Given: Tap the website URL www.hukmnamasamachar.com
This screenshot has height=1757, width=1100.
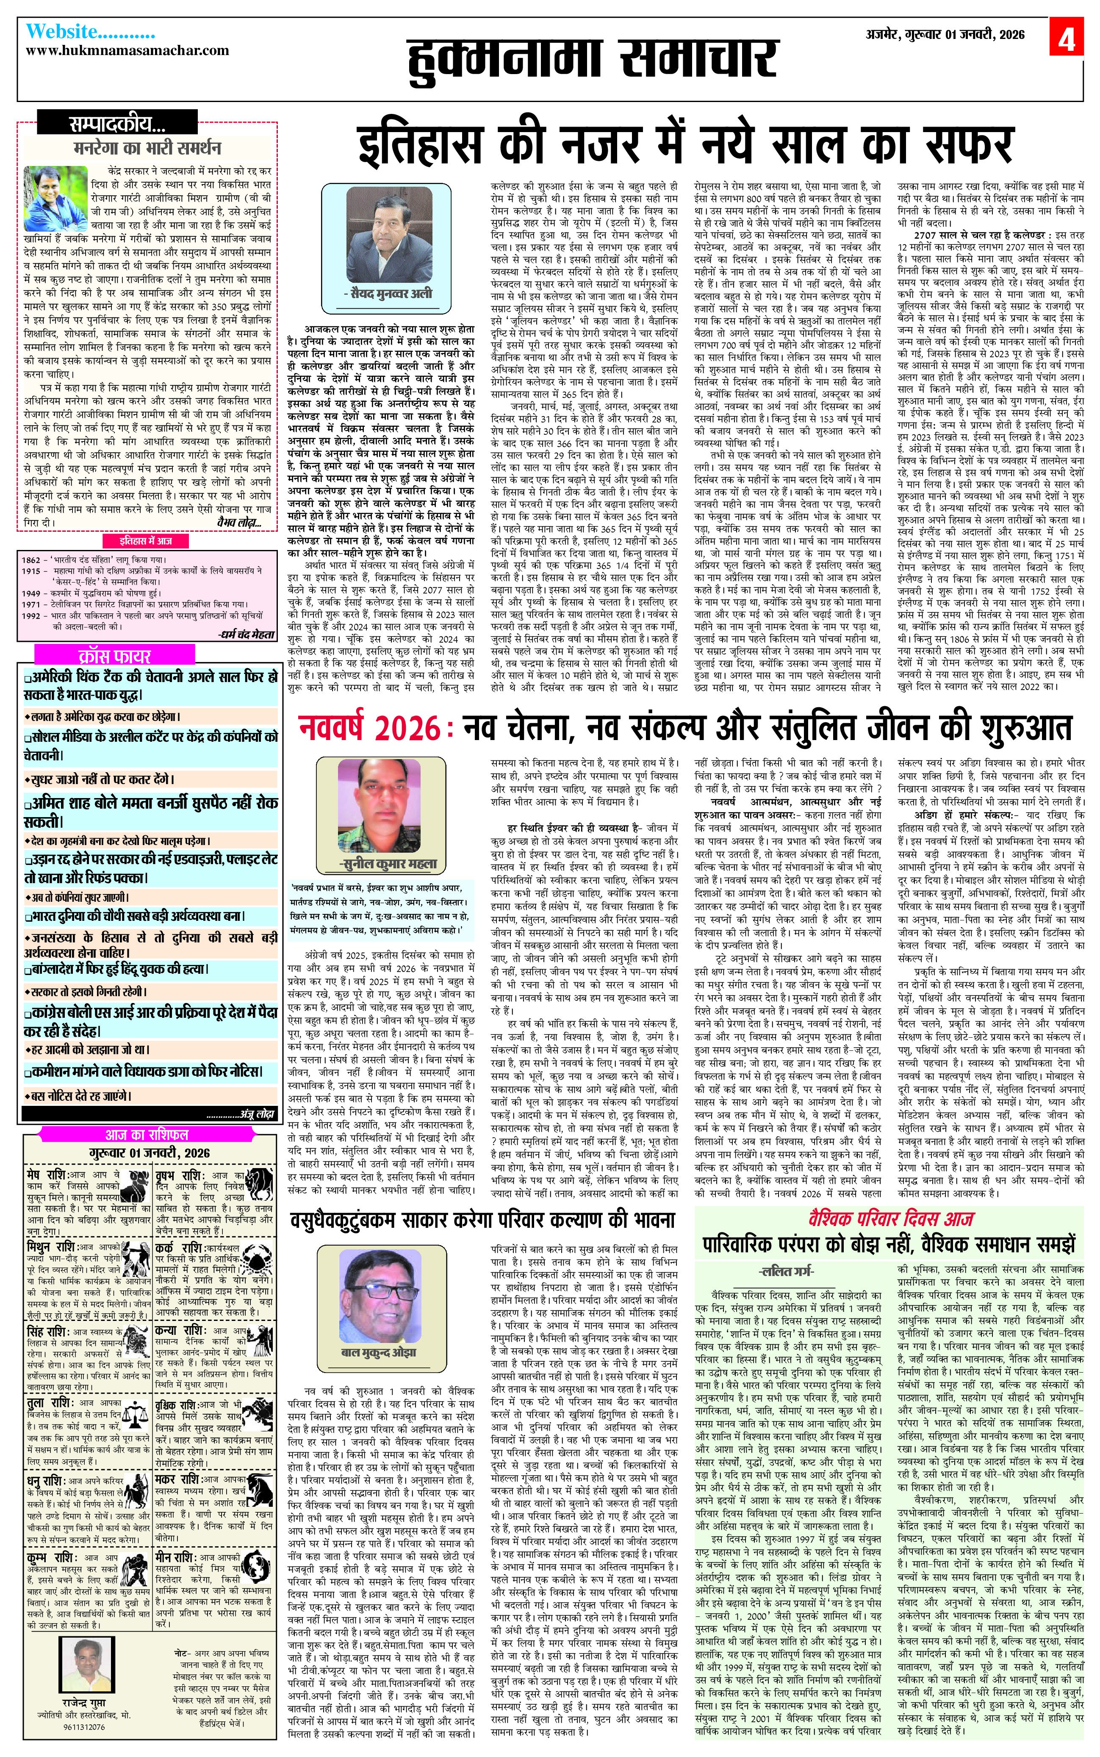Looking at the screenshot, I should coord(127,50).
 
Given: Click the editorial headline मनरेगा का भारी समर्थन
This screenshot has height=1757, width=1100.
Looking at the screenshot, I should coord(147,148).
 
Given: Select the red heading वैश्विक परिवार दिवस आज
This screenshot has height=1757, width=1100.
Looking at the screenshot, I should coord(890,1218).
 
